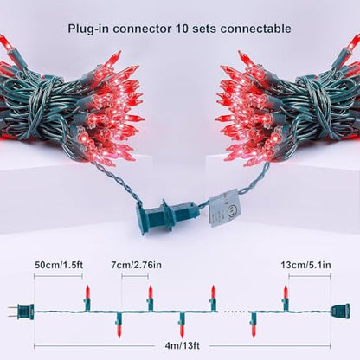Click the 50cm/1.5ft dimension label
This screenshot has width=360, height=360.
click(59, 265)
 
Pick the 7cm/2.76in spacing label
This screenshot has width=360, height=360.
click(136, 265)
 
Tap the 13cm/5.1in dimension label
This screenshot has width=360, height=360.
click(305, 265)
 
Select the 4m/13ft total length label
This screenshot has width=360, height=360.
click(182, 345)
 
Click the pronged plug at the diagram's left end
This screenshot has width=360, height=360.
click(21, 312)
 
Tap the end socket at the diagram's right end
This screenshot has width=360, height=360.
click(341, 311)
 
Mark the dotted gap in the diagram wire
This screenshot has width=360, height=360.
click(235, 312)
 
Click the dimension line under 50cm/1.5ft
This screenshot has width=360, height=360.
click(58, 276)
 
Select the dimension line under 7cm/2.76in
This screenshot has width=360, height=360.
click(135, 276)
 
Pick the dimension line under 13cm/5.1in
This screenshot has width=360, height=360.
click(310, 276)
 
